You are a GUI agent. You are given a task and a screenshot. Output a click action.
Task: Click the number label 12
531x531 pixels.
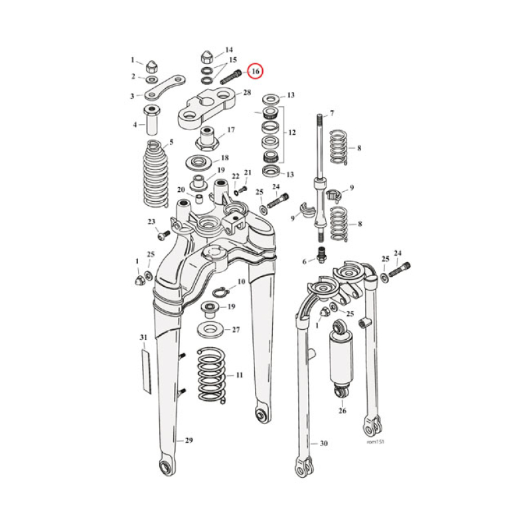(289, 133)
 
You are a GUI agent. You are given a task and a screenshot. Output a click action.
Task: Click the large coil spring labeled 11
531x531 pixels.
(212, 375)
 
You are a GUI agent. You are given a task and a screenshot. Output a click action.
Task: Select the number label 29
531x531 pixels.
(189, 441)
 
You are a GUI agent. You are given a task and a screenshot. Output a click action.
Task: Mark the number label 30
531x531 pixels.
(323, 443)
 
